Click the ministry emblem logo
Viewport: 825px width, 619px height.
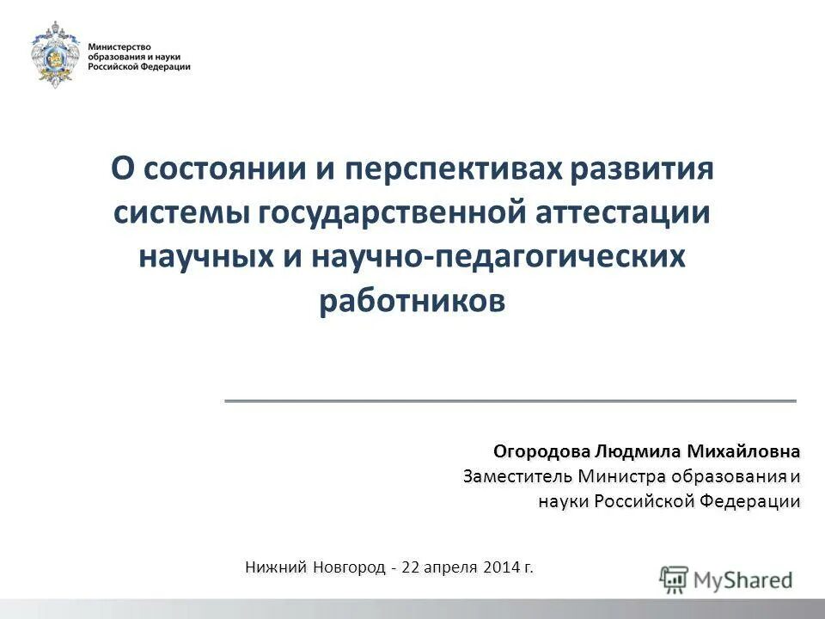[x=57, y=54]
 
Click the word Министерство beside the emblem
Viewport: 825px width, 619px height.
[x=119, y=44]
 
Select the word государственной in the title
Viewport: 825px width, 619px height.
[x=390, y=212]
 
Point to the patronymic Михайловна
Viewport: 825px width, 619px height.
[x=746, y=451]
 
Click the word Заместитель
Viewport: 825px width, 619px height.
[x=517, y=476]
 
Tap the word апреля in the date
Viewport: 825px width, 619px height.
[x=454, y=567]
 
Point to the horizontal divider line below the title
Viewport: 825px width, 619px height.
[x=510, y=401]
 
